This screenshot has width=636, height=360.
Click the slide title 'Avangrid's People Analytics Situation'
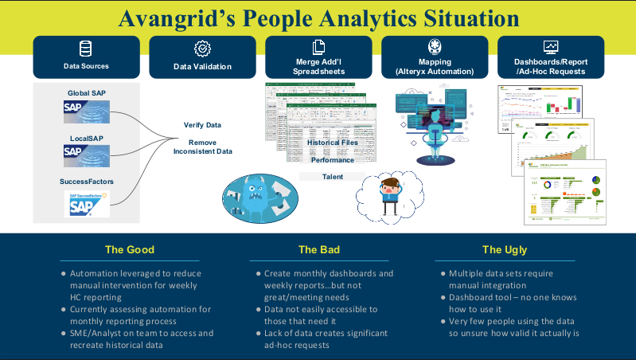tap(318, 18)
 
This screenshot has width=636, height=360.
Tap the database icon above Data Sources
tap(86, 49)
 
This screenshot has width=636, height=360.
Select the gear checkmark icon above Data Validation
tap(202, 49)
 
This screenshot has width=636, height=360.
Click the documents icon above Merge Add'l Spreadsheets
tap(318, 47)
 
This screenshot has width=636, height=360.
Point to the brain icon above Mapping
tap(435, 46)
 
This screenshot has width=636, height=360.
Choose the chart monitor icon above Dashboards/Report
tap(551, 47)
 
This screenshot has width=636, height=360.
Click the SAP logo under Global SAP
tap(87, 112)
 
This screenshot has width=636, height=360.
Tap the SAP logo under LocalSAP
tap(87, 155)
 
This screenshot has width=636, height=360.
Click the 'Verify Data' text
tap(202, 125)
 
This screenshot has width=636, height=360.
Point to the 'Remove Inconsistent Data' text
tap(202, 147)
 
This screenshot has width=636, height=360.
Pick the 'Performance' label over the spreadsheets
tap(333, 160)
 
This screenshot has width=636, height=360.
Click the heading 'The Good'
tap(130, 249)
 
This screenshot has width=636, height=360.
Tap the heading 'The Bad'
tap(318, 249)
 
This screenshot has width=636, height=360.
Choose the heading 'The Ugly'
tap(505, 249)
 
